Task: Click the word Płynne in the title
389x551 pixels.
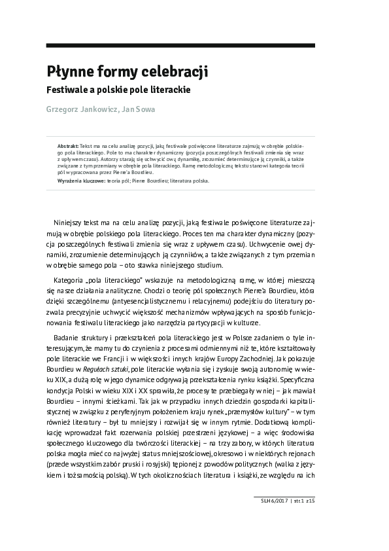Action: click(x=68, y=71)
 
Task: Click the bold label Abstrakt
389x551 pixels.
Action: click(x=68, y=142)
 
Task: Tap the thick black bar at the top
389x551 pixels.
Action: click(x=180, y=44)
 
